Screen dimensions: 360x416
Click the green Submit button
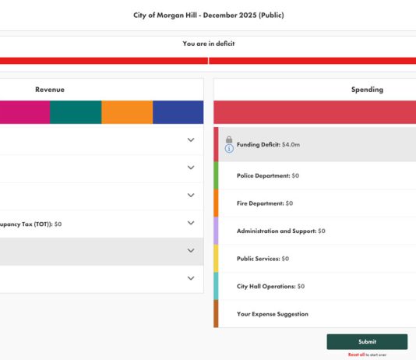tap(367, 341)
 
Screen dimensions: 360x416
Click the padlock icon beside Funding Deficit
tap(229, 139)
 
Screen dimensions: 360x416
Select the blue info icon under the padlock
tap(229, 149)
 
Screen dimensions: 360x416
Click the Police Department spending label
tap(267, 176)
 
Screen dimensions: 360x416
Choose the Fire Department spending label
tap(264, 203)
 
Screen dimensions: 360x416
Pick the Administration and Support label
tap(280, 231)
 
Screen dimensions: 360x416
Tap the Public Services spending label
tap(263, 259)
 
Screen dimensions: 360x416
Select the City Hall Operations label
tap(270, 286)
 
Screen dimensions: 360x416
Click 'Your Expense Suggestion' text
tap(273, 314)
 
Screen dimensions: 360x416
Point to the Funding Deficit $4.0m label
tap(269, 145)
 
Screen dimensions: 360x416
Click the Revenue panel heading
tap(50, 90)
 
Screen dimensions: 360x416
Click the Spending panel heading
tap(367, 90)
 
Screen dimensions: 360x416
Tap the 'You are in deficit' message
tap(208, 44)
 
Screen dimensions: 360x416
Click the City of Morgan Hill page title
tap(208, 15)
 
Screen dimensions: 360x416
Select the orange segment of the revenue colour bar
tap(127, 112)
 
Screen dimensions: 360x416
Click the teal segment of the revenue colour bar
tap(76, 112)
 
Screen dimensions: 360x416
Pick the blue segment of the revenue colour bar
tap(178, 112)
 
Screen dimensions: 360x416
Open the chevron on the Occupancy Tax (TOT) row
tap(191, 223)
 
